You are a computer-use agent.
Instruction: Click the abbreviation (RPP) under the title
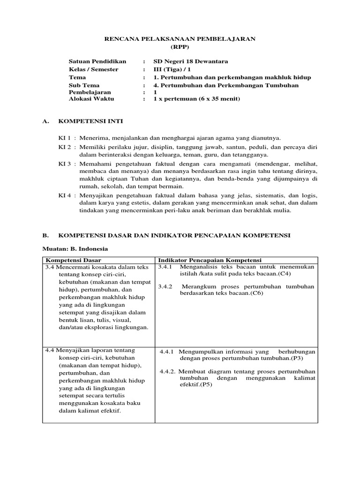180,47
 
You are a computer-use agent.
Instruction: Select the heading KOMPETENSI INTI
90,121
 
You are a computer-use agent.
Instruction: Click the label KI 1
64,138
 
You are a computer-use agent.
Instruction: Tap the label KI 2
64,147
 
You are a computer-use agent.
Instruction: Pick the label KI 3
64,164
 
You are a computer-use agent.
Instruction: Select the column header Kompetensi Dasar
73,260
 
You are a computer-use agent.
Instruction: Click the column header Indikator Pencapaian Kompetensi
210,260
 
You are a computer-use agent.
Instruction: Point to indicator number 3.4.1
166,267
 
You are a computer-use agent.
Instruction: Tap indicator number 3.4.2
166,286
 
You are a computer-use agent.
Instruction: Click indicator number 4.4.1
167,351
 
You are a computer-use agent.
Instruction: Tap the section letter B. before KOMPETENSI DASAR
45,235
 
